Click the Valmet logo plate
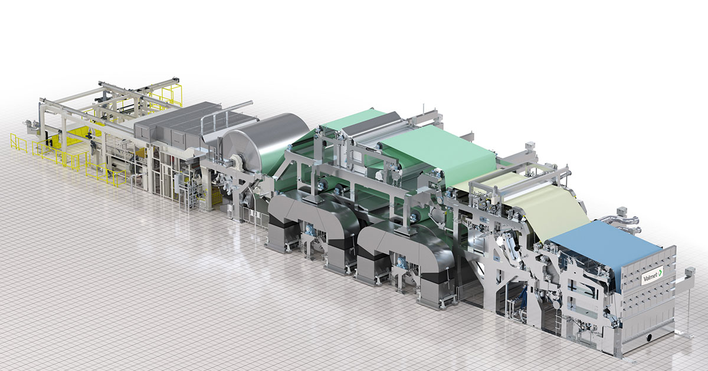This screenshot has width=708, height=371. tap(651, 275)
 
